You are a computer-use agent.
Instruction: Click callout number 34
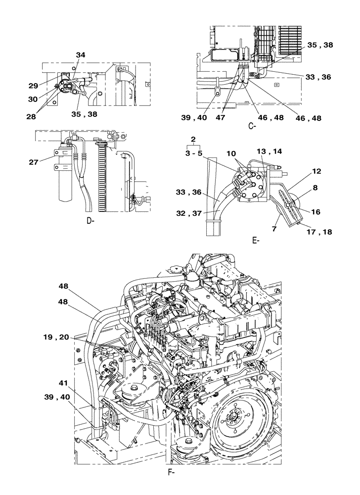[81, 55]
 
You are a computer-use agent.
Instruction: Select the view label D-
[90, 221]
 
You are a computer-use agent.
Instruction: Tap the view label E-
[256, 241]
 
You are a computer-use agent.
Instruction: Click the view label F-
[172, 485]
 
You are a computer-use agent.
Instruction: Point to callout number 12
[316, 171]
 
